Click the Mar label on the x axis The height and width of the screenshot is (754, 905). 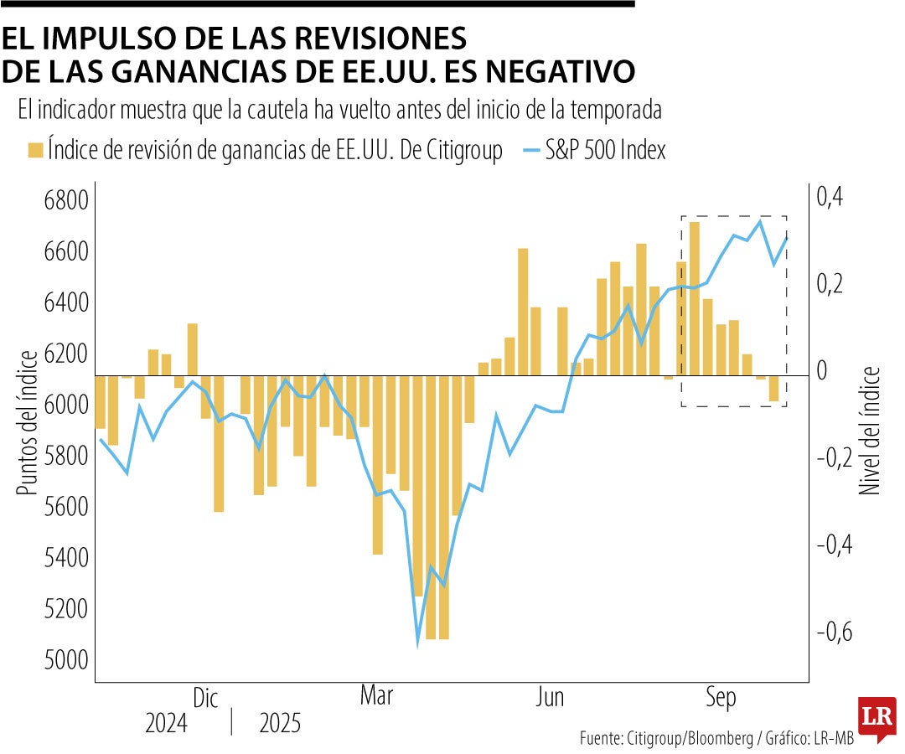pyautogui.click(x=377, y=697)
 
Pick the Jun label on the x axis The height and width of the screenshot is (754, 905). pyautogui.click(x=550, y=697)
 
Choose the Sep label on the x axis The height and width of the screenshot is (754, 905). pyautogui.click(x=721, y=697)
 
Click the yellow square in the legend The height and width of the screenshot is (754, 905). pyautogui.click(x=35, y=151)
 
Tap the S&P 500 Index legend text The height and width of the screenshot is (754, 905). pyautogui.click(x=608, y=151)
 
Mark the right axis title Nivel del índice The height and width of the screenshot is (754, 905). pyautogui.click(x=871, y=429)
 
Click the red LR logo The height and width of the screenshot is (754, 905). pyautogui.click(x=877, y=719)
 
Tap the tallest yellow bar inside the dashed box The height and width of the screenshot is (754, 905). pyautogui.click(x=694, y=298)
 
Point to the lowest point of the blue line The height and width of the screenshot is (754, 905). pyautogui.click(x=417, y=644)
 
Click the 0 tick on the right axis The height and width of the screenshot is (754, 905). pyautogui.click(x=823, y=371)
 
